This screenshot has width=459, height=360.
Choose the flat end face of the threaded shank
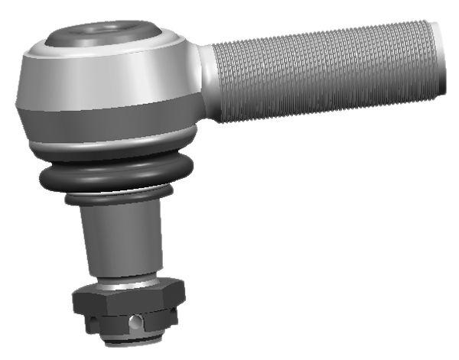click(x=440, y=60)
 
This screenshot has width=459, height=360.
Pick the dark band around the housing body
click(x=107, y=123)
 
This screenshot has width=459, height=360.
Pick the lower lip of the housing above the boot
click(x=107, y=147)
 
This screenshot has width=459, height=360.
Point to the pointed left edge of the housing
click(x=18, y=103)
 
